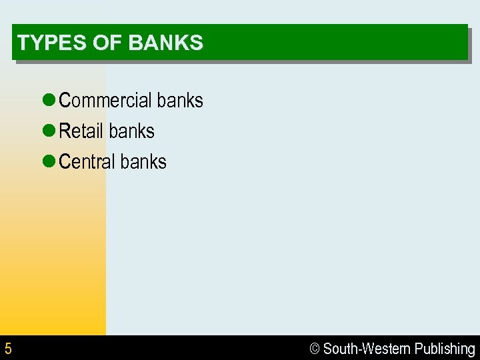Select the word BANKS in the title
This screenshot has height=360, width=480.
tap(165, 43)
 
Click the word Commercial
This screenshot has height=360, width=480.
tap(105, 101)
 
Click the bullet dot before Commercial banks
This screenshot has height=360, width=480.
tap(48, 101)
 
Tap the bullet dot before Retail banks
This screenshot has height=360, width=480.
tap(48, 131)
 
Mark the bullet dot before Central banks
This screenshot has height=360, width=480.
tap(48, 162)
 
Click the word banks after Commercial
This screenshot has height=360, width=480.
tap(179, 101)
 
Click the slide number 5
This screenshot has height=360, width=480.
tap(8, 349)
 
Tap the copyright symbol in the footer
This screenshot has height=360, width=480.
tap(315, 349)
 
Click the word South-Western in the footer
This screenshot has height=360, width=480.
tap(366, 349)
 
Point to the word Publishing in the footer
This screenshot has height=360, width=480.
tap(445, 349)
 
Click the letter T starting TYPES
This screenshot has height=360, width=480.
tap(23, 43)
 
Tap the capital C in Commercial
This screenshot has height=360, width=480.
tap(65, 101)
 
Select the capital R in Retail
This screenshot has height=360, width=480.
tap(65, 131)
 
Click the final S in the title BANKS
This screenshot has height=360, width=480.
tap(197, 43)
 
